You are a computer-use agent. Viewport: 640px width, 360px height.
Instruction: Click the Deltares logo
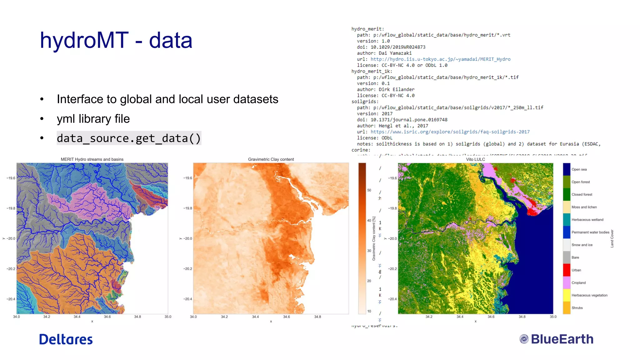point(66,339)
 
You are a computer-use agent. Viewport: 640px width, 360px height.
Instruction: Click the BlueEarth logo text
point(562,339)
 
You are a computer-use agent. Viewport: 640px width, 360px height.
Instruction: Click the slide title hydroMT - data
point(116,40)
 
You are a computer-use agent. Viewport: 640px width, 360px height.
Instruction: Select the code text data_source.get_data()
point(129,138)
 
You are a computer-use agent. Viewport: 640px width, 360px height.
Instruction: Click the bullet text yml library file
point(93,119)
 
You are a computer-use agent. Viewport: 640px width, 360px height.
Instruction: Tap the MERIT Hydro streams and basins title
point(92,159)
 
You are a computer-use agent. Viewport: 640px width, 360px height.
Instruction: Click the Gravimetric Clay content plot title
point(271,159)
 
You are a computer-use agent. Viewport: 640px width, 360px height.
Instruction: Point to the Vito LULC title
point(475,159)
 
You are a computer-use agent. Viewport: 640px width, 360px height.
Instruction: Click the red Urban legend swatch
point(567,270)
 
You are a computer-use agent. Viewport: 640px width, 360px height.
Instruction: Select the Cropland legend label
point(578,283)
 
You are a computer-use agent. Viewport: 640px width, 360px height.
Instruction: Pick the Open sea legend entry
point(579,169)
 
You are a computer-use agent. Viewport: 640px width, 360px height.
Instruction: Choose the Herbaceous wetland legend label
point(587,220)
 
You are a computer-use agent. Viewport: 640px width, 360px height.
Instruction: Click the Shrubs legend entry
point(577,308)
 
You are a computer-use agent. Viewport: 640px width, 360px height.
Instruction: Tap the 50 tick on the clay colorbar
point(369,190)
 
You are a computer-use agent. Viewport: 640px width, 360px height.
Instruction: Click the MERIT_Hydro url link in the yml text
point(440,59)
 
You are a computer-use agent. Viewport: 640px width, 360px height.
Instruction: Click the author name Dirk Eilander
point(397,89)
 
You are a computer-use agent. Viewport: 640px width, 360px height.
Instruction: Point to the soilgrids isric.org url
point(450,132)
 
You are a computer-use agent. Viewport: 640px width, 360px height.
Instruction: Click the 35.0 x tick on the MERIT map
point(168,317)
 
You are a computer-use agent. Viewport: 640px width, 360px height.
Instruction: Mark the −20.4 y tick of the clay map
point(187,299)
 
